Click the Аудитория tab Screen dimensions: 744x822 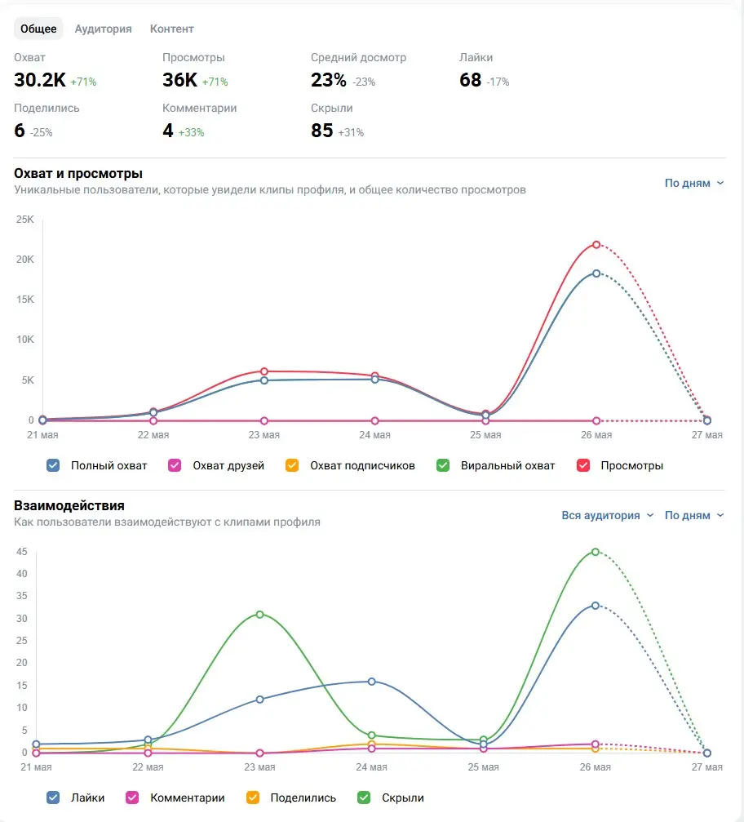click(104, 29)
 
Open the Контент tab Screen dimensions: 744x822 click(172, 29)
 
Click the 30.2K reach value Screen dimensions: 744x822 click(40, 80)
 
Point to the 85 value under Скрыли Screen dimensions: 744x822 click(321, 130)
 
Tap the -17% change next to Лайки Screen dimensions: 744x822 click(498, 82)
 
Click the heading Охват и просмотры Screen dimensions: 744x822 click(78, 174)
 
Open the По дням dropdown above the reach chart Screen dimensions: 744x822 click(694, 183)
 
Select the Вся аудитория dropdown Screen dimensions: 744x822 click(608, 515)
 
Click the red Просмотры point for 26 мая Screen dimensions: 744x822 click(596, 245)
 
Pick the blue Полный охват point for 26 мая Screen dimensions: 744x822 click(596, 273)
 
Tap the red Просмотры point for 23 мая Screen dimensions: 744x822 click(264, 371)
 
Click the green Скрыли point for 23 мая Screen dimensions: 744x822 click(260, 615)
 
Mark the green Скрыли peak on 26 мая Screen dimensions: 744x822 click(596, 552)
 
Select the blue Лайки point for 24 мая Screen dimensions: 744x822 click(371, 682)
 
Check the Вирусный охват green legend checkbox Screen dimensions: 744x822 click(443, 465)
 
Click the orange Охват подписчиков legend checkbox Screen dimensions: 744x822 click(292, 465)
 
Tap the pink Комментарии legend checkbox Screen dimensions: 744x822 click(132, 798)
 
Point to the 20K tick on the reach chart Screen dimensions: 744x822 click(25, 259)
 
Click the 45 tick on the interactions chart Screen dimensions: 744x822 click(21, 552)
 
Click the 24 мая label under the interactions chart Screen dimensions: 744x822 click(371, 767)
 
